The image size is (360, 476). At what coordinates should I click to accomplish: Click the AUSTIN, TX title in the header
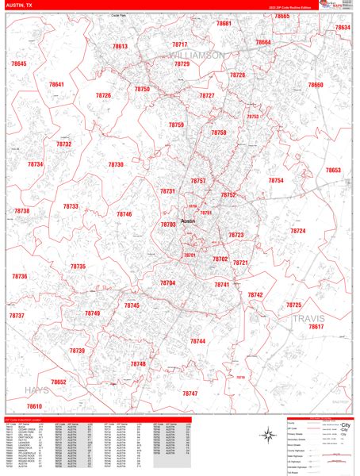(x=20, y=6)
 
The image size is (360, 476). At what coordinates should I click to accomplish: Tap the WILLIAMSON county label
(x=197, y=55)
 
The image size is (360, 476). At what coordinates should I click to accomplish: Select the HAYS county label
(x=36, y=390)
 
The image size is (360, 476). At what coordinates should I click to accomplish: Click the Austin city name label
(x=189, y=221)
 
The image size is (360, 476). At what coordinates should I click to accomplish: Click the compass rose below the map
(x=266, y=433)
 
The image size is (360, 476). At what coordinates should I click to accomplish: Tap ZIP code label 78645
(x=19, y=63)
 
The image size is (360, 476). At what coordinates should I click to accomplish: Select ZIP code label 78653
(x=332, y=171)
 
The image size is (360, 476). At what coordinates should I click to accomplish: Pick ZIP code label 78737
(x=17, y=315)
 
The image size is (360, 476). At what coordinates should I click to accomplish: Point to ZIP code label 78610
(x=33, y=406)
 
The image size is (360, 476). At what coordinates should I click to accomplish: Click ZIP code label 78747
(x=190, y=393)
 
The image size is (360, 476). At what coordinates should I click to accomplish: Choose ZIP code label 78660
(x=316, y=85)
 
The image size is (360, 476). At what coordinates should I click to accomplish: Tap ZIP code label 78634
(x=342, y=28)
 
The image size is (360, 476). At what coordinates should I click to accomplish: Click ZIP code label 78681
(x=224, y=24)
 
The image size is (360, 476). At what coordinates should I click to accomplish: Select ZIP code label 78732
(x=63, y=144)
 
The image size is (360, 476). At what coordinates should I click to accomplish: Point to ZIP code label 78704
(x=167, y=282)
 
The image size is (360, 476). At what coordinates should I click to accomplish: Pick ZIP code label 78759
(x=176, y=125)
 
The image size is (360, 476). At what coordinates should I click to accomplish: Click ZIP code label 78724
(x=297, y=231)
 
